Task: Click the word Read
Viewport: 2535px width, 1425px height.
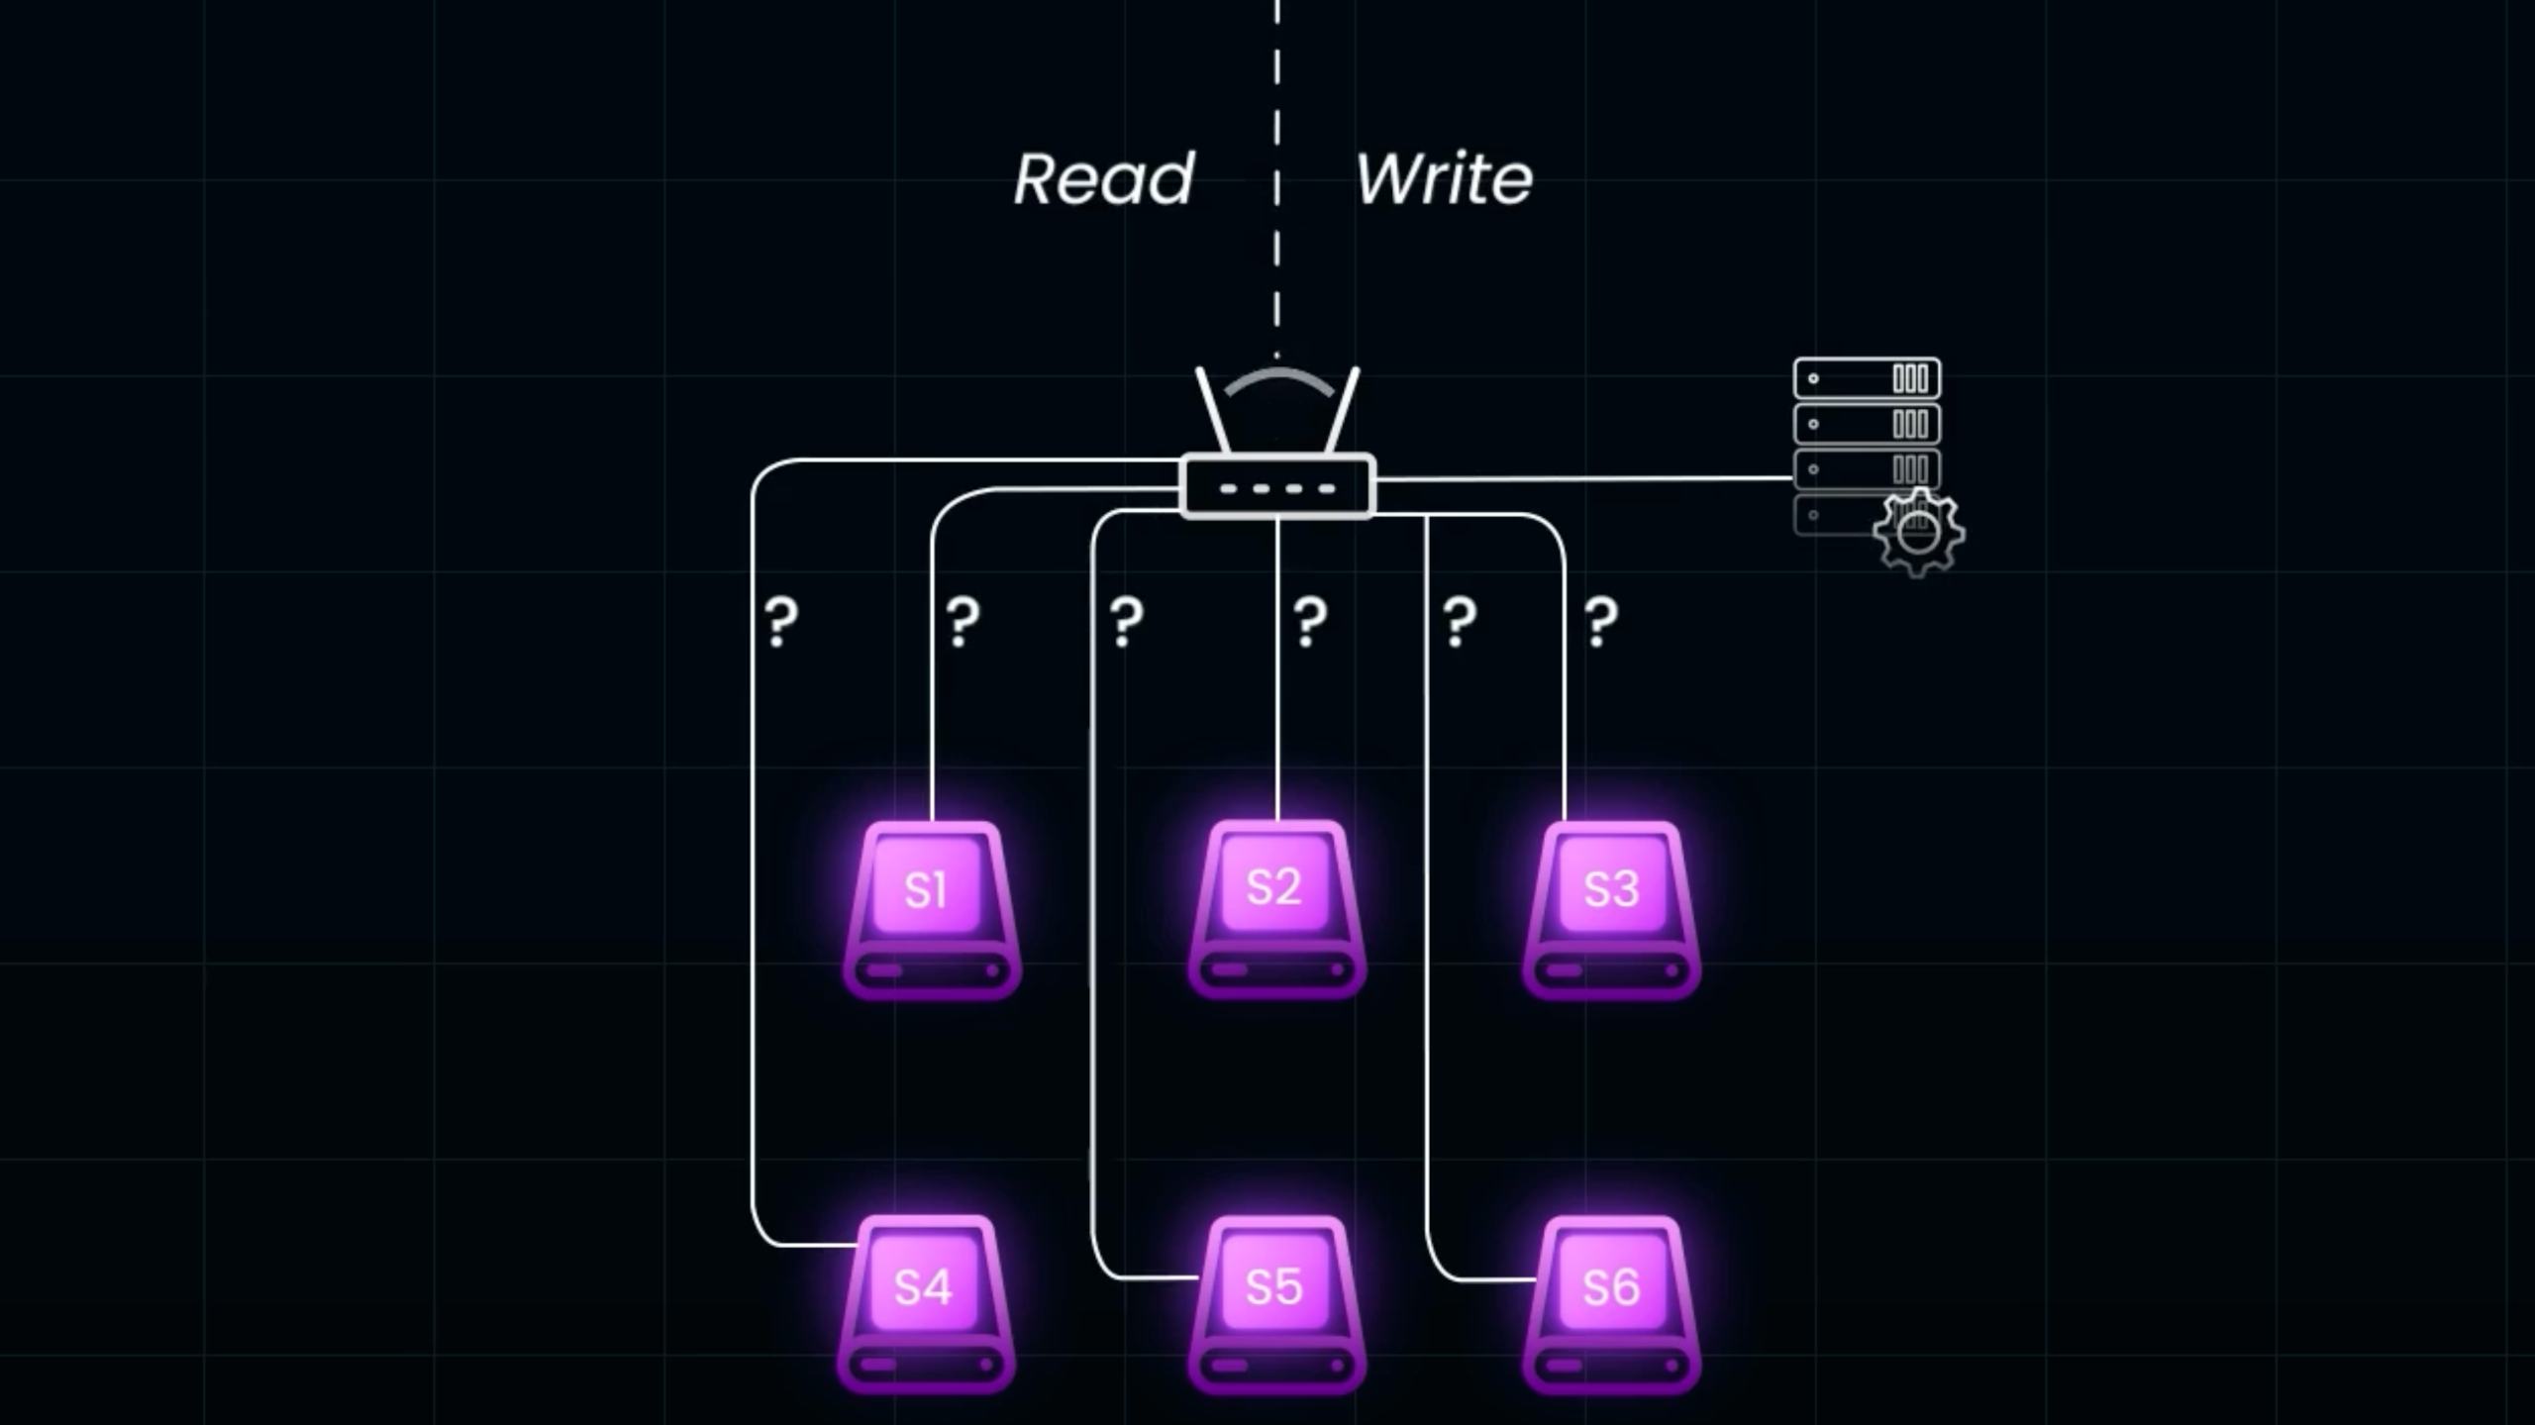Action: pos(1104,179)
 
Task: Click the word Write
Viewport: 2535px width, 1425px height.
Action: pos(1444,179)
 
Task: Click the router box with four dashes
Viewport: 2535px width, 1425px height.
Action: pos(1277,486)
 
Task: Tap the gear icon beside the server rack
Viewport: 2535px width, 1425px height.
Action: pos(1918,533)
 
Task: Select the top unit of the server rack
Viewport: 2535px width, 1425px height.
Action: pos(1867,378)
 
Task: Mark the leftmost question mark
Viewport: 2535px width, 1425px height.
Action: pos(781,622)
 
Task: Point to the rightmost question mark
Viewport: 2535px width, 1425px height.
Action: pos(1601,622)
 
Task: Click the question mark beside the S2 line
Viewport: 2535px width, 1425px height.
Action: pos(1310,622)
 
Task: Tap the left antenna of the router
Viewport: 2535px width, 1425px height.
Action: pos(1213,411)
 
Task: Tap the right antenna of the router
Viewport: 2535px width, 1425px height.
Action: pos(1343,411)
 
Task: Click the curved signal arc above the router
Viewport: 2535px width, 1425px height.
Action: pos(1278,378)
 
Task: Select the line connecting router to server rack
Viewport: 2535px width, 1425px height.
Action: pos(1584,479)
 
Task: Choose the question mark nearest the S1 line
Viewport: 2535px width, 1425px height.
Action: pos(963,622)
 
